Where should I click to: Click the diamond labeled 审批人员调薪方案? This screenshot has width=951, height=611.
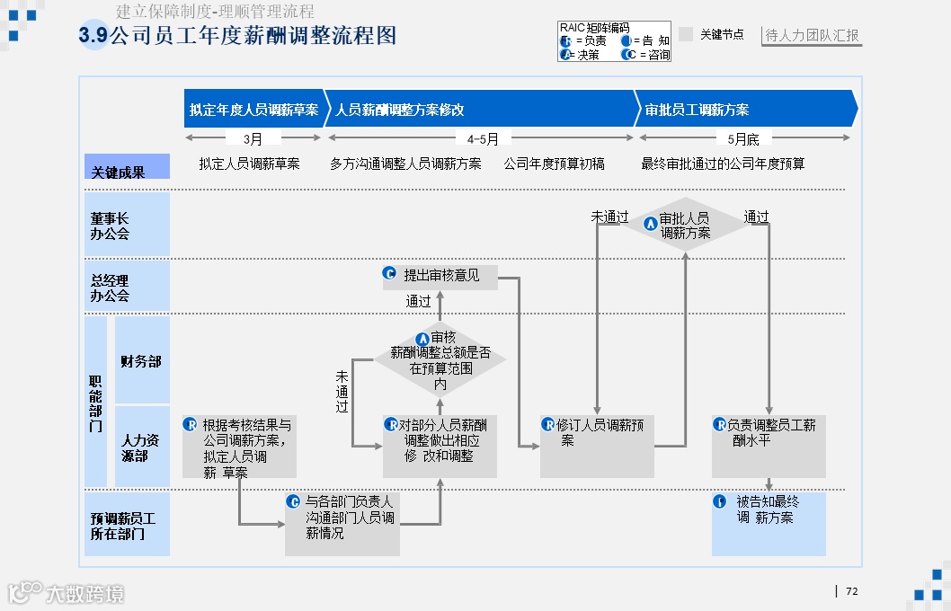pos(685,225)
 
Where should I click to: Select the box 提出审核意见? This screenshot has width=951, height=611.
pos(439,276)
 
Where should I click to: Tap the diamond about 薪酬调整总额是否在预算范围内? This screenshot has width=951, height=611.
pos(440,359)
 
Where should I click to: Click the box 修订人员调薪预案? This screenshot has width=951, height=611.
pos(597,446)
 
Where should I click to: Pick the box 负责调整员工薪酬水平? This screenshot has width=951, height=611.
pos(769,446)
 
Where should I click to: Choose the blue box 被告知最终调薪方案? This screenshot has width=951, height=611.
pos(769,523)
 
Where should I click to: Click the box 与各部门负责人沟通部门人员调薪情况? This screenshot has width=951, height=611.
pos(342,523)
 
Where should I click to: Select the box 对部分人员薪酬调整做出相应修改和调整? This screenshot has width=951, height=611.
pos(440,446)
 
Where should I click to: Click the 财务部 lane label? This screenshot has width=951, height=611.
pos(141,361)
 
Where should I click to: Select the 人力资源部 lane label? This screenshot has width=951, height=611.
pos(141,447)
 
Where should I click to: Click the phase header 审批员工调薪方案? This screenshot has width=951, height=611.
pos(744,110)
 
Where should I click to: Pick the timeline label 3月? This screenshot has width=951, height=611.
pos(253,138)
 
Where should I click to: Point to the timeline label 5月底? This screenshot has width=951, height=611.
pos(743,138)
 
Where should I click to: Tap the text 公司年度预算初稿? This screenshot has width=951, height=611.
pos(554,164)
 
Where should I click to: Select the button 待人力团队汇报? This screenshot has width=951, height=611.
pos(812,36)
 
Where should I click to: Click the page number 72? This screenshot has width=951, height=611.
pos(852,591)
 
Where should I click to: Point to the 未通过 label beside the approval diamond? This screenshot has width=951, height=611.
pos(609,217)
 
